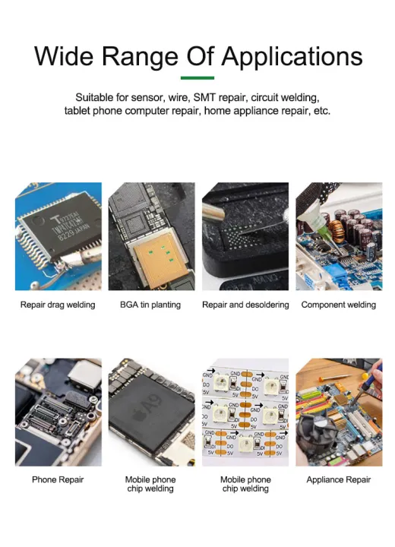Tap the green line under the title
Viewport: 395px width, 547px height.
(197, 77)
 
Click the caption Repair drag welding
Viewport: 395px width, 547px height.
(58, 305)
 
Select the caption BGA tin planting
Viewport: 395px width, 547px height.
(150, 305)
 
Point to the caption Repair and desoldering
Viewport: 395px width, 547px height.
(245, 305)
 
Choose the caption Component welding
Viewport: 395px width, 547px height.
(338, 305)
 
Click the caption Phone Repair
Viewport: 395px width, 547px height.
(58, 479)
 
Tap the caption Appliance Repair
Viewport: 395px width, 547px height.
(338, 479)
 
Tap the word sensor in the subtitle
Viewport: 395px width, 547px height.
(148, 97)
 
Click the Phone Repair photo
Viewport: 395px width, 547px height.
(58, 412)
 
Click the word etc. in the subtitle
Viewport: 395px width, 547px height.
(321, 111)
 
